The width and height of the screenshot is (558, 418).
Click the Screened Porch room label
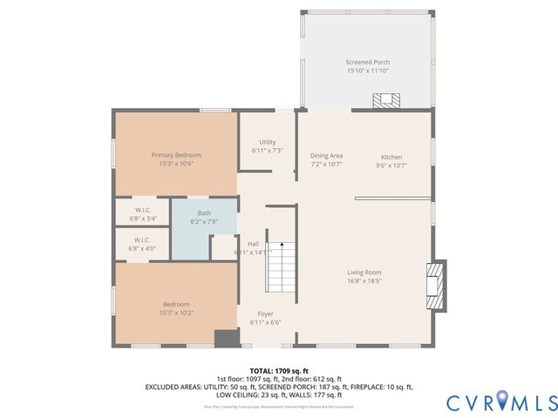(x=367, y=63)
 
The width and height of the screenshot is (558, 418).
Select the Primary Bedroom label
(x=175, y=154)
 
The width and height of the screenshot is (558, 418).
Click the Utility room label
(x=268, y=142)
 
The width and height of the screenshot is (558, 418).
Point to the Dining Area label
(x=326, y=157)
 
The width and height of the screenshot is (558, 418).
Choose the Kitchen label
(x=390, y=157)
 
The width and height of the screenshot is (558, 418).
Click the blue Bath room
(x=203, y=228)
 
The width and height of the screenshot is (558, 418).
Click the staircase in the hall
(x=279, y=267)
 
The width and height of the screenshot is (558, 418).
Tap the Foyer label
(x=266, y=313)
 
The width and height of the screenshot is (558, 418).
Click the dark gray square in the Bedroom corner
(x=227, y=338)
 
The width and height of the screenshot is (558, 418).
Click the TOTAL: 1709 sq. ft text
(x=279, y=370)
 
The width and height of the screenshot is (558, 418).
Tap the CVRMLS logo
(x=501, y=401)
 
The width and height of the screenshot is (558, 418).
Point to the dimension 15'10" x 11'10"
(x=367, y=71)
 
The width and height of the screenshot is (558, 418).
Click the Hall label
(x=252, y=244)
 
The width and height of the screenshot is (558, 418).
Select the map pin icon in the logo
(x=507, y=401)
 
